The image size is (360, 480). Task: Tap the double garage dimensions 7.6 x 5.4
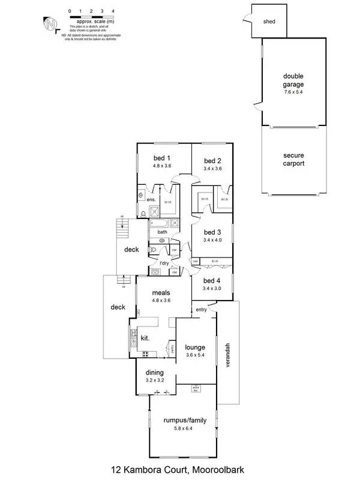point(294,92)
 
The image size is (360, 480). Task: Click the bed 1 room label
point(163,158)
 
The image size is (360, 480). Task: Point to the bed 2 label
point(213,161)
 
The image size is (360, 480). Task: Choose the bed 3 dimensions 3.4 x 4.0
point(213,240)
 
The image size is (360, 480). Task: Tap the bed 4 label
point(213,280)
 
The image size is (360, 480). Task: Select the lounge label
point(195,347)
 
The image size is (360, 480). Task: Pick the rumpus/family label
point(184,421)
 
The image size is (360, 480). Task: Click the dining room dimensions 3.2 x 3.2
point(155,380)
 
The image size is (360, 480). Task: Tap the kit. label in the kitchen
point(145,339)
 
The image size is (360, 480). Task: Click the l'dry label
point(163,263)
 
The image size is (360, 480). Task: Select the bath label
point(162,232)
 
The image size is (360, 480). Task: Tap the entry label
point(200,310)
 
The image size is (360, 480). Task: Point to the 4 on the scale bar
point(113,11)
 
